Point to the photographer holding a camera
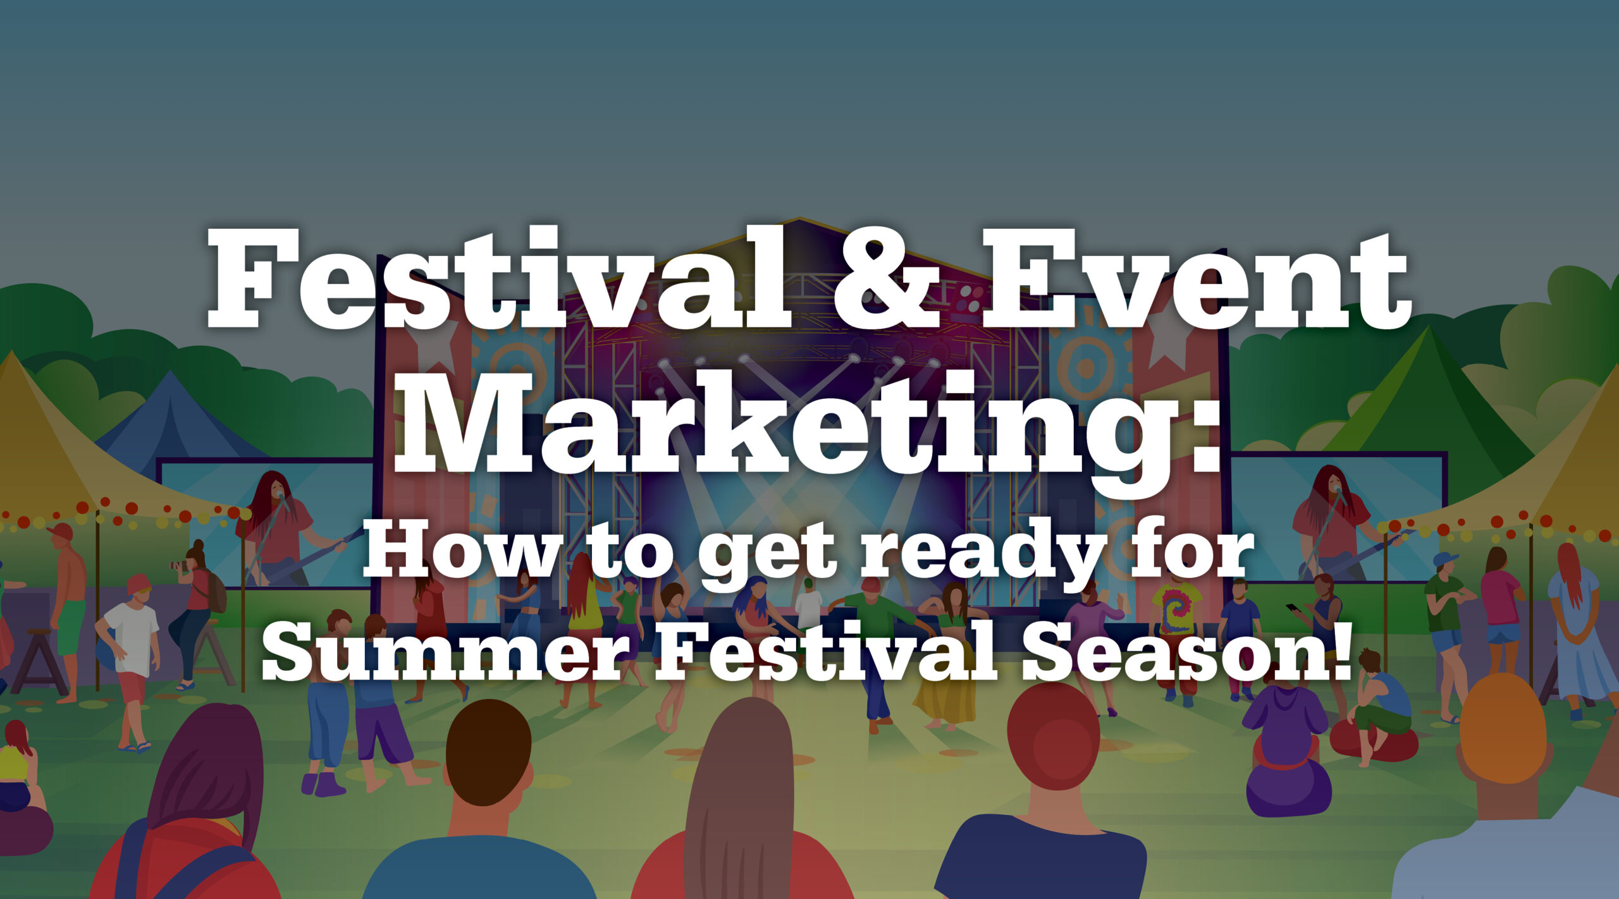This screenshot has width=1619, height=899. [196, 613]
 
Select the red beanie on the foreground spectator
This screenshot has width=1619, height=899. [1052, 733]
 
